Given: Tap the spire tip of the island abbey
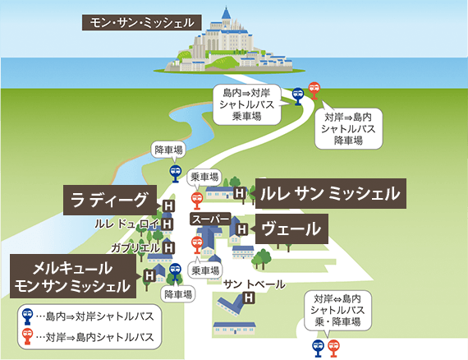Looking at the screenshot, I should click(x=225, y=8).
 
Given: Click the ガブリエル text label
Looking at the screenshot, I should click(x=135, y=247).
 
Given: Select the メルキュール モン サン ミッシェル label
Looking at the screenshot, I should click(x=72, y=276).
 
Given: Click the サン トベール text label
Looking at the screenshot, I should click(x=255, y=284).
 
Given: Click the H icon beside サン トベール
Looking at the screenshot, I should click(x=250, y=299).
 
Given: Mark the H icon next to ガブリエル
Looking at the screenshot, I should click(x=168, y=247).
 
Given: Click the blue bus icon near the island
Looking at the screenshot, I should click(x=298, y=96).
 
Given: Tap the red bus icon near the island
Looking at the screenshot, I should click(x=314, y=90).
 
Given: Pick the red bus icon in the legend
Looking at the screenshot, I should click(x=28, y=335).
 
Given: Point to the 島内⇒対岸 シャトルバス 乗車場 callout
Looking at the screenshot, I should click(x=249, y=104).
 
